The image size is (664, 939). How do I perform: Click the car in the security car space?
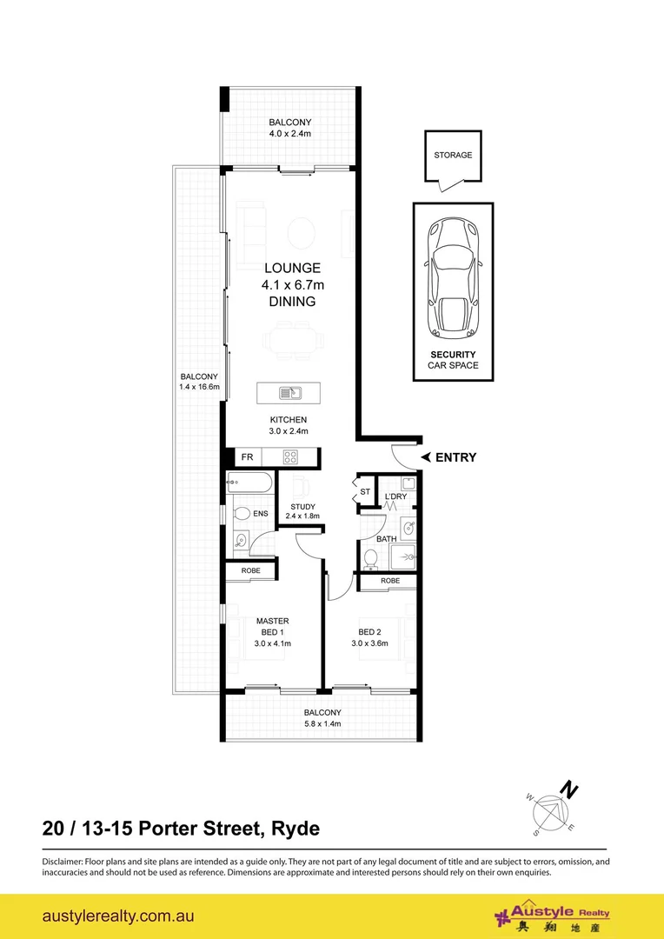click(x=453, y=277)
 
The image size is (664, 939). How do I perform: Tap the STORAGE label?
click(x=453, y=156)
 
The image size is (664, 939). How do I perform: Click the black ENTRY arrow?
click(x=427, y=457)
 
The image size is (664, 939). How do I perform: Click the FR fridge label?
click(x=247, y=456)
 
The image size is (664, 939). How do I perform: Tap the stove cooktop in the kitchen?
click(x=291, y=456)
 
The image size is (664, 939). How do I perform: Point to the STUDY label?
click(x=302, y=506)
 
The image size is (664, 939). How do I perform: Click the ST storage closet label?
click(x=364, y=492)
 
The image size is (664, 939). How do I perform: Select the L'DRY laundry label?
click(x=396, y=496)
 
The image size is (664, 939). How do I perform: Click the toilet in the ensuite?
click(x=241, y=514)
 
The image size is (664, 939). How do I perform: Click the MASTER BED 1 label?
click(x=272, y=626)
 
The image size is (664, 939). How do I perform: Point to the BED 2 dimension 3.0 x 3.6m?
click(x=369, y=644)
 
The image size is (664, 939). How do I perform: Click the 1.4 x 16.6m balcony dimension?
click(x=200, y=387)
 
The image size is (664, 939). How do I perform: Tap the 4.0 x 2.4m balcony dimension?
click(x=289, y=134)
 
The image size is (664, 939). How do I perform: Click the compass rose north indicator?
click(x=569, y=791)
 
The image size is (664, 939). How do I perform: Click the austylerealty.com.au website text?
click(x=117, y=916)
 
